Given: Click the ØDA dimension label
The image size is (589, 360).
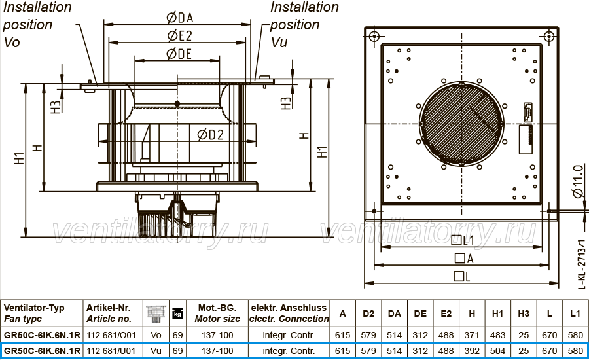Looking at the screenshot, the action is pos(179,17).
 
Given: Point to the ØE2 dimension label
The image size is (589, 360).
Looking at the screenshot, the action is pos(179,36).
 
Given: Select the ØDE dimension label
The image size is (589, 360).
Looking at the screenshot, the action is pos(179,54).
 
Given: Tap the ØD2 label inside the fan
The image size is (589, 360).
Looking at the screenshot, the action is pos(210,135).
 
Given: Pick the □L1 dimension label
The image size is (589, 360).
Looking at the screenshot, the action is pos(463,240).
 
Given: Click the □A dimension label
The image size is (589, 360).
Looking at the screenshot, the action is pos(464,259).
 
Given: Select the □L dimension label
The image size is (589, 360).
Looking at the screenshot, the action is pos(462,277).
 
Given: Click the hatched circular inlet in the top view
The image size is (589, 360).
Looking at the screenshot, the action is pos(461,124).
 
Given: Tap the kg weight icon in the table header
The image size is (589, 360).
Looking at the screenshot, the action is pos(177,314).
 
